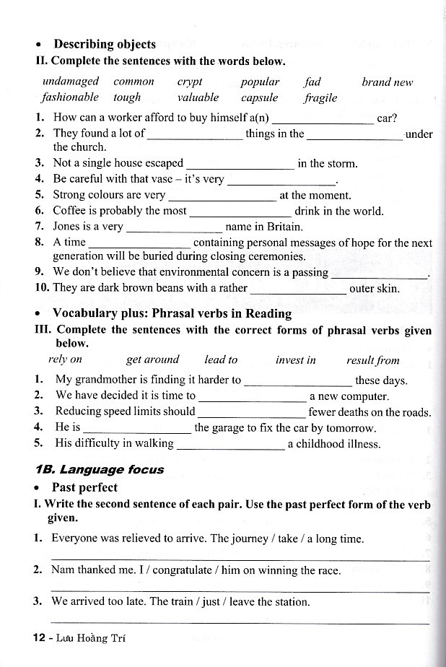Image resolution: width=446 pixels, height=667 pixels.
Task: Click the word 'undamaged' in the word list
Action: tap(70, 82)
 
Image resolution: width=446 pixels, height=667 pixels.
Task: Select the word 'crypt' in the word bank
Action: tap(189, 82)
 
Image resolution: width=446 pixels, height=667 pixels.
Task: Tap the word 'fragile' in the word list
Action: tap(320, 97)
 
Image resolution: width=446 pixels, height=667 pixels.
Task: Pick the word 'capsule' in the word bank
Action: tap(259, 97)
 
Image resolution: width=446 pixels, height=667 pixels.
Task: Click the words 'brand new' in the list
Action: tap(387, 82)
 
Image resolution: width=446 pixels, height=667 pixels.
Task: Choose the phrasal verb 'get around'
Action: tap(152, 359)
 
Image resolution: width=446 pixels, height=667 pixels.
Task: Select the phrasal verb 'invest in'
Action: tap(296, 359)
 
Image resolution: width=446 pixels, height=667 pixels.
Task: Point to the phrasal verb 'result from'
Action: tap(372, 359)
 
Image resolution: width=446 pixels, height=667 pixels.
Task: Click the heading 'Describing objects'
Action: tap(105, 45)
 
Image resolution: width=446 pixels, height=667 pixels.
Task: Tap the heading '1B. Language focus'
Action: tap(100, 469)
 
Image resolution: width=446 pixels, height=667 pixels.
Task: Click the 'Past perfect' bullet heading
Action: tap(84, 487)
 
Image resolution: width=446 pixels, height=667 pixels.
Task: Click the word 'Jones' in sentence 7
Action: tap(66, 226)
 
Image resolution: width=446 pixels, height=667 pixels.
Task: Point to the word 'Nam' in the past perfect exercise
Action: tap(63, 570)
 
